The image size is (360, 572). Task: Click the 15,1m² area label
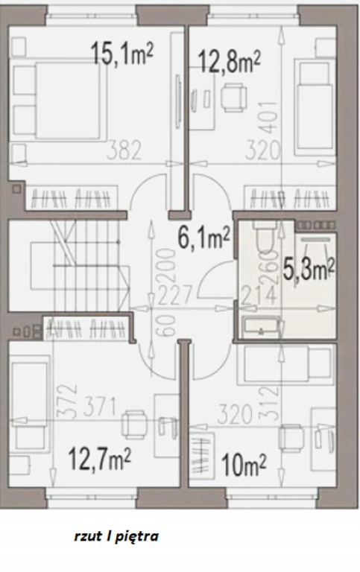pos(122,54)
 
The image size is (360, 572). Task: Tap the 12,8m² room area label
pos(230,61)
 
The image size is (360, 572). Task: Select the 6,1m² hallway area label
pos(203,237)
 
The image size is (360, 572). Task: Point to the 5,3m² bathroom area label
pos(309,270)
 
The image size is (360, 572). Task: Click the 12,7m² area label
pos(100,459)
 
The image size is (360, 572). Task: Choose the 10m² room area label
pos(244,465)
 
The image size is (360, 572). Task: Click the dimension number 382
pos(124,150)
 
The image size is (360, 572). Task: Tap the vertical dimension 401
pos(270,118)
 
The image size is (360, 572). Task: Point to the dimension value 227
pos(175,295)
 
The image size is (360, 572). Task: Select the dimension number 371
pos(99,407)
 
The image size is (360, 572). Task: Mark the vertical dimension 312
pos(270,404)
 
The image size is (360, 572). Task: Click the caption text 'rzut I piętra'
pos(116,537)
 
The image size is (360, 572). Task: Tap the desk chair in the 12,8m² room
pos(234,98)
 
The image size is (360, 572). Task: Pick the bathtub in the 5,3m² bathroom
pos(262,327)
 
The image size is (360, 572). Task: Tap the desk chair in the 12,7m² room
pos(134,425)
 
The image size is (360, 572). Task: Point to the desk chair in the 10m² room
pos(291,437)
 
